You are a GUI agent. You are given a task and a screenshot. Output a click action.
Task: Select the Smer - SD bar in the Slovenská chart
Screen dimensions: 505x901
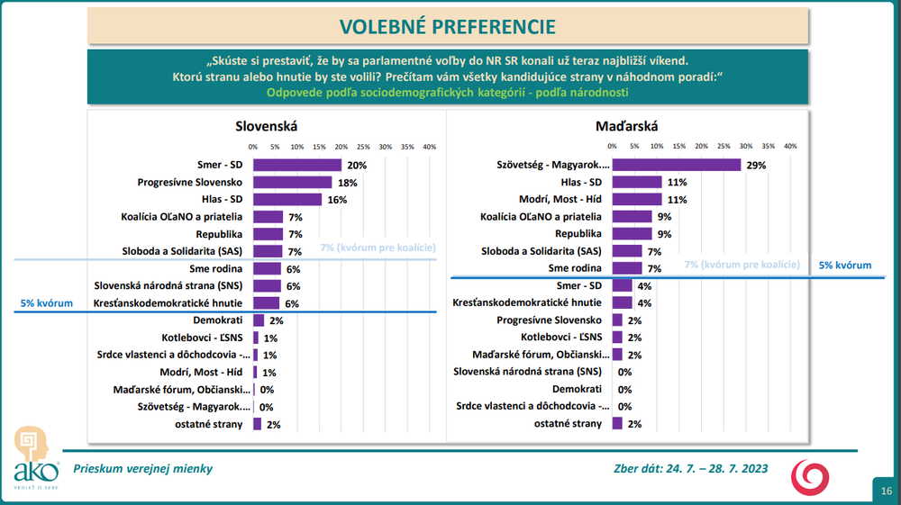297,166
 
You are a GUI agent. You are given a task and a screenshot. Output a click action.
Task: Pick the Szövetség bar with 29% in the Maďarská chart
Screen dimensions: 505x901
676,166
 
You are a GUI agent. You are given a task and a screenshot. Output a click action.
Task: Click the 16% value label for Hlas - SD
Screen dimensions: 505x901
338,200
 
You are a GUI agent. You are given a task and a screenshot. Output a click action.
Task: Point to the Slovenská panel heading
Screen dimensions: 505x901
266,127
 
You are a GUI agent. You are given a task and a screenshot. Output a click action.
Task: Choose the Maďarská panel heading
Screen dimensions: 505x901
627,127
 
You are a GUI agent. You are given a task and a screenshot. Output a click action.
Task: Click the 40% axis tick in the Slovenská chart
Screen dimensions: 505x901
429,146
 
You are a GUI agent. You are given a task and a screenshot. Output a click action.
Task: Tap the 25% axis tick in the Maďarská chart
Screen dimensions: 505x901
724,146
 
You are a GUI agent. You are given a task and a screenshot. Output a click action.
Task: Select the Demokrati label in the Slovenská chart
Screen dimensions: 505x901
220,320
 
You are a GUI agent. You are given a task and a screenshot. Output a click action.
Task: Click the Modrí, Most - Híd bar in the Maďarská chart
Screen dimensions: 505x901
637,200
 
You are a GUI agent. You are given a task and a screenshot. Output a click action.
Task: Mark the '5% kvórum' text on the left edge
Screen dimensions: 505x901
46,304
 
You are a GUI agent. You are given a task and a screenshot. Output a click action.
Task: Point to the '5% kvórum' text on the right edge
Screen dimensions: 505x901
845,266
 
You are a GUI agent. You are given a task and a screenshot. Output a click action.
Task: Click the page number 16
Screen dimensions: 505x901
887,491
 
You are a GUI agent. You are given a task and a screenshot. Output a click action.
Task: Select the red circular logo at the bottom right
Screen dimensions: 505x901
805,476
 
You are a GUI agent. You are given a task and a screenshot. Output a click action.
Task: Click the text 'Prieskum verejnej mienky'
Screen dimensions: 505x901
143,468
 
